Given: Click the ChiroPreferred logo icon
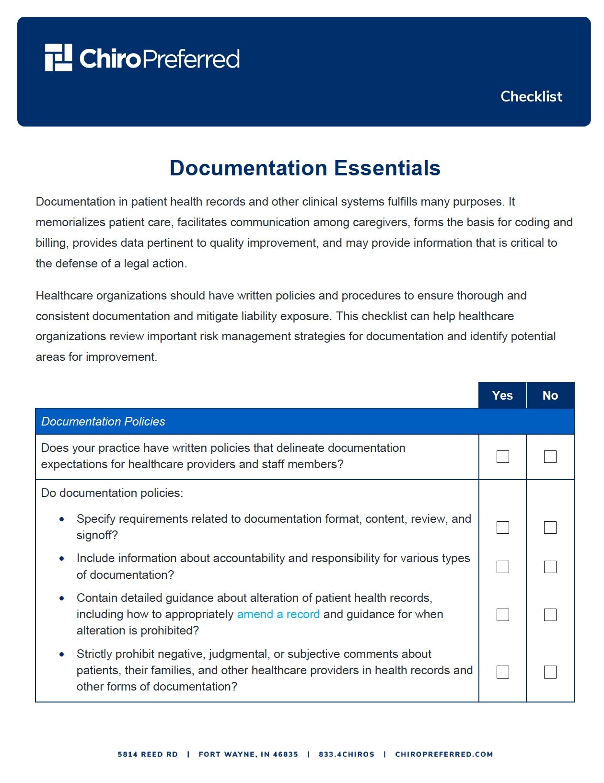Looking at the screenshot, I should [x=58, y=58].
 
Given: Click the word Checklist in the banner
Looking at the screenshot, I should [x=531, y=96].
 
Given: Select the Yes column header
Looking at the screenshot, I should [x=502, y=395].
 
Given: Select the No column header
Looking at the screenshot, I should [x=550, y=395].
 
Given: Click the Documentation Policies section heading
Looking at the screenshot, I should [x=103, y=421].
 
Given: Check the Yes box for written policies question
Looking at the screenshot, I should [x=502, y=457].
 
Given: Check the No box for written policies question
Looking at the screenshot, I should [x=550, y=457].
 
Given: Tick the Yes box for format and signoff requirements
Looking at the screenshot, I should [x=502, y=528].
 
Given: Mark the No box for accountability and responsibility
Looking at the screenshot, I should [x=550, y=567].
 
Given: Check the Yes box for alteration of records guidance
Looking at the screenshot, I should [x=502, y=615].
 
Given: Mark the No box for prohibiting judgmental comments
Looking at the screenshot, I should [x=550, y=672].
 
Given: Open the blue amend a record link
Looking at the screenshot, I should [x=278, y=614].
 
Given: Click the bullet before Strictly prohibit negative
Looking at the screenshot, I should [x=62, y=654].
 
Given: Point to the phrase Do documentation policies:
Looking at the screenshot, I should [x=112, y=493].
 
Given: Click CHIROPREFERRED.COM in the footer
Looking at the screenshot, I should [x=443, y=754].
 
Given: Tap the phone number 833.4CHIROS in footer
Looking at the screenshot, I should [x=346, y=754].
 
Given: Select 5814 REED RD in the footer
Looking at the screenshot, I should [x=148, y=754].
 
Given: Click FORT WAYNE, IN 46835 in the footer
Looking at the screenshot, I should [x=248, y=754].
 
